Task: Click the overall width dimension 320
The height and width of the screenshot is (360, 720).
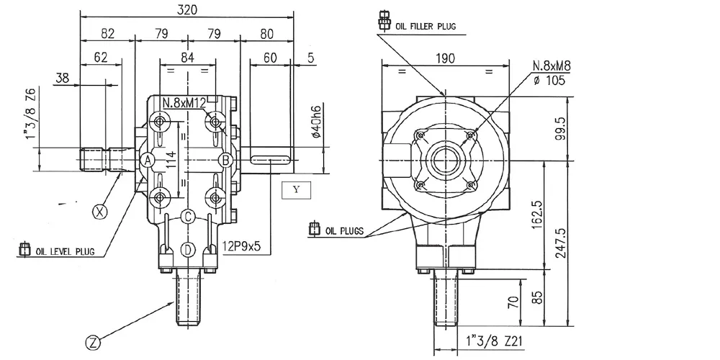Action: pyautogui.click(x=187, y=10)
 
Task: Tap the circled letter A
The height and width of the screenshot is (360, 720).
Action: pyautogui.click(x=148, y=161)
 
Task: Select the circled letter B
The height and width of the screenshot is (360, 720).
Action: pyautogui.click(x=225, y=161)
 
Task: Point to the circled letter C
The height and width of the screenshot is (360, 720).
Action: pyautogui.click(x=188, y=216)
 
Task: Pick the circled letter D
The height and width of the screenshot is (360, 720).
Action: pyautogui.click(x=188, y=251)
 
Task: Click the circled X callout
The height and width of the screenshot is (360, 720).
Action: pyautogui.click(x=99, y=212)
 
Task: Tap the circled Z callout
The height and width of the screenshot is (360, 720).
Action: pyautogui.click(x=93, y=342)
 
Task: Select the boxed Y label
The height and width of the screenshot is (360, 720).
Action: pyautogui.click(x=296, y=190)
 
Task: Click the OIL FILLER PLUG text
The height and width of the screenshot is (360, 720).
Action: pyautogui.click(x=426, y=26)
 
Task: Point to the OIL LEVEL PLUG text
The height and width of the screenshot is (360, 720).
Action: pyautogui.click(x=65, y=251)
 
